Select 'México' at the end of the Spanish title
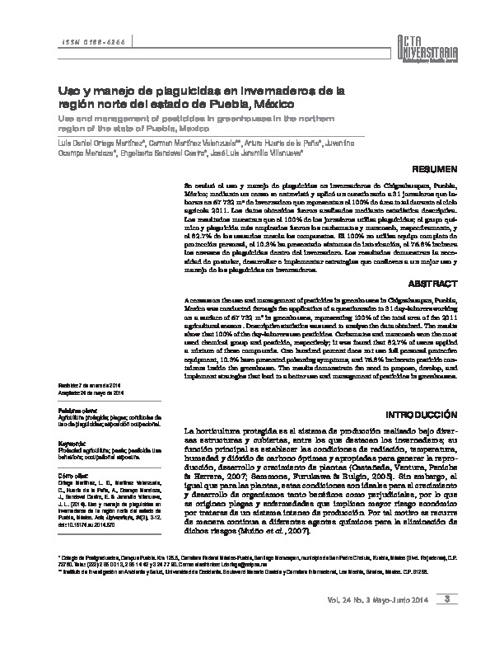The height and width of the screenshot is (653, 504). [282, 105]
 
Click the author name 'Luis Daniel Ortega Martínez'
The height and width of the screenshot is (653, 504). [96, 142]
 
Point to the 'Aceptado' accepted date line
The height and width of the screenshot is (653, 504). [89, 393]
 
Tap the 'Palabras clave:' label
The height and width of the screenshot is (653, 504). [76, 408]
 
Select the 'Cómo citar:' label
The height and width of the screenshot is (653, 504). [72, 477]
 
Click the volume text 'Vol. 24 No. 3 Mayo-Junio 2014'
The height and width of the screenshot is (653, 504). [380, 621]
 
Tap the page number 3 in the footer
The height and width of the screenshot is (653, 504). [446, 621]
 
